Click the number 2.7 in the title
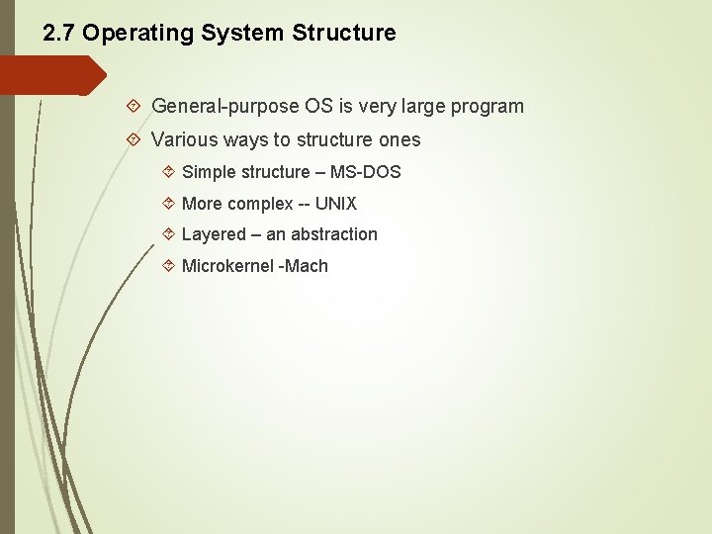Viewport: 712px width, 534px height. coord(59,33)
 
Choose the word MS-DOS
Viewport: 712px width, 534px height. coord(365,172)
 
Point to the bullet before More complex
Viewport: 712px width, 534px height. coord(167,204)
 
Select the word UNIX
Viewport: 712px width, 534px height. coord(336,204)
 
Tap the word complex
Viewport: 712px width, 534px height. coord(260,204)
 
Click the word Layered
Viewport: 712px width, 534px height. coord(214,234)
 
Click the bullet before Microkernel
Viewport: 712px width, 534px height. coord(167,266)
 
